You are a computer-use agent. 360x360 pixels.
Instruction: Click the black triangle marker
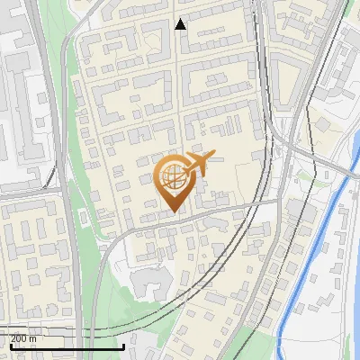pyautogui.click(x=181, y=24)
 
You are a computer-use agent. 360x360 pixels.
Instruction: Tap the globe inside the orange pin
pyautogui.click(x=173, y=177)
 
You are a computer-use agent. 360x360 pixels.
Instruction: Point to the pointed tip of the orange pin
pyautogui.click(x=174, y=212)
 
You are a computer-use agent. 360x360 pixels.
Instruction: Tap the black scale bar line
pyautogui.click(x=63, y=346)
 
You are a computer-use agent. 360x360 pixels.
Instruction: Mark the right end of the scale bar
pyautogui.click(x=123, y=346)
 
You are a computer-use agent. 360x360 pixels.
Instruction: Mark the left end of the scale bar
pyautogui.click(x=2, y=346)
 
